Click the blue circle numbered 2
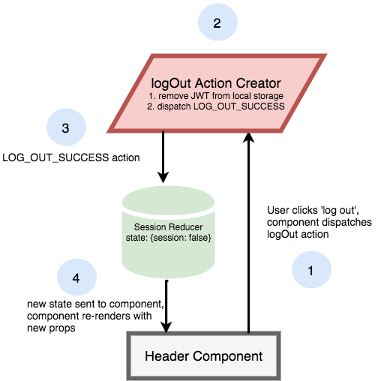(x=217, y=22)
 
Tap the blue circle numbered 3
(x=66, y=127)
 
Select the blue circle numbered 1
(x=311, y=269)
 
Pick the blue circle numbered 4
(x=76, y=277)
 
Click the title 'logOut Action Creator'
(x=216, y=83)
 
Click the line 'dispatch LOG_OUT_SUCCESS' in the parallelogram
(x=220, y=106)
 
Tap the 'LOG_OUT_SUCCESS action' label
(x=71, y=157)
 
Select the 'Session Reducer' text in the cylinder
(x=168, y=227)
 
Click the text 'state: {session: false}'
(x=168, y=238)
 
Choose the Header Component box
(x=203, y=356)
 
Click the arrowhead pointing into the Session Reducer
(x=163, y=177)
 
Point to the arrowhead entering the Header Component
(x=166, y=327)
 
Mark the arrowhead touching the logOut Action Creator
(x=248, y=137)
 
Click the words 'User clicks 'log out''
(x=313, y=210)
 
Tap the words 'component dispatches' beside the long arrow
(x=319, y=222)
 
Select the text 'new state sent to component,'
(x=95, y=304)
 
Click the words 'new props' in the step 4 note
(x=51, y=328)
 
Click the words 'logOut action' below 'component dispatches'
(x=298, y=235)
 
